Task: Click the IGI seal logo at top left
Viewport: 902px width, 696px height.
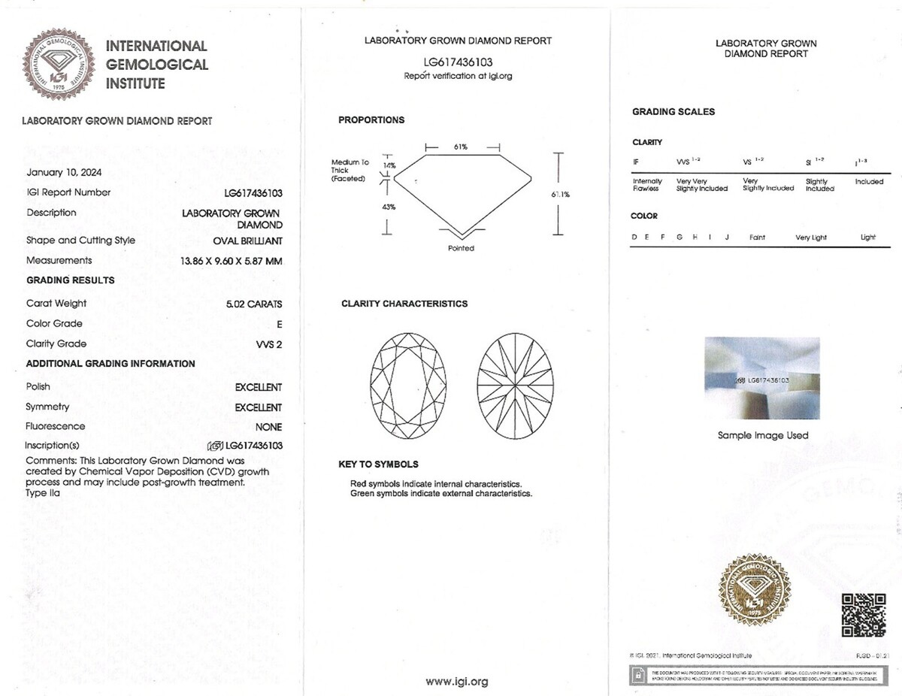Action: pyautogui.click(x=59, y=64)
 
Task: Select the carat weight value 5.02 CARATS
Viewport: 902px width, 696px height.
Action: pyautogui.click(x=254, y=304)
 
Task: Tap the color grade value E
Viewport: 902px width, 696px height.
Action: pyautogui.click(x=279, y=325)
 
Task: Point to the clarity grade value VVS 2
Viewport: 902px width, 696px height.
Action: pyautogui.click(x=269, y=344)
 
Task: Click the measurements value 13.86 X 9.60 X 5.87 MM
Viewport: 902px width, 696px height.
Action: pyautogui.click(x=231, y=261)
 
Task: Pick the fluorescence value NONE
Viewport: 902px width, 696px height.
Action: pyautogui.click(x=268, y=427)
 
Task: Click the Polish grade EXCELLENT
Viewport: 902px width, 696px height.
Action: pyautogui.click(x=258, y=388)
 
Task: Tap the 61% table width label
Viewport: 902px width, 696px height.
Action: pyautogui.click(x=461, y=147)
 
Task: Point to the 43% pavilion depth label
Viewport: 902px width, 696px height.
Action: pyautogui.click(x=389, y=207)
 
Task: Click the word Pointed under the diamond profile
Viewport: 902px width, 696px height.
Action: pyautogui.click(x=461, y=248)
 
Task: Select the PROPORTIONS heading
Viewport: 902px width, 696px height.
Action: pyautogui.click(x=371, y=120)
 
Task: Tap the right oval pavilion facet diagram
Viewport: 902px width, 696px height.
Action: pyautogui.click(x=515, y=386)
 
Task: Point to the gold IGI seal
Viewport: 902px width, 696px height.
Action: pyautogui.click(x=754, y=589)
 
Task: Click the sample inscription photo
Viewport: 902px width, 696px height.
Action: pyautogui.click(x=762, y=378)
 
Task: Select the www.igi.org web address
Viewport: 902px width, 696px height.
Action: pyautogui.click(x=457, y=682)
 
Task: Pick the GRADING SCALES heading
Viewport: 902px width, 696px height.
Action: pyautogui.click(x=673, y=112)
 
